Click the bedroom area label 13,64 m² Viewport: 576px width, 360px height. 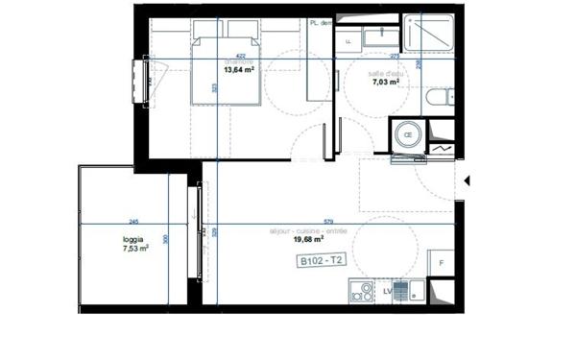click(x=239, y=70)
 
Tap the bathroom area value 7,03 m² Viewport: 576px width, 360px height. click(x=386, y=84)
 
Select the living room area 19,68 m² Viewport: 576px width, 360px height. click(x=308, y=241)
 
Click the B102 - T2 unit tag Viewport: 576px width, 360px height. click(x=320, y=260)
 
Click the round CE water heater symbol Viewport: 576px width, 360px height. click(x=407, y=135)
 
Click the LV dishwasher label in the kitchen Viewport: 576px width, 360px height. click(x=387, y=290)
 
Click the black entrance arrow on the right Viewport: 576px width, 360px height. click(x=468, y=180)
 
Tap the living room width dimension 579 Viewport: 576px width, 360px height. click(x=328, y=220)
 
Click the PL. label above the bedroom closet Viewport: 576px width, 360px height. click(x=317, y=23)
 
